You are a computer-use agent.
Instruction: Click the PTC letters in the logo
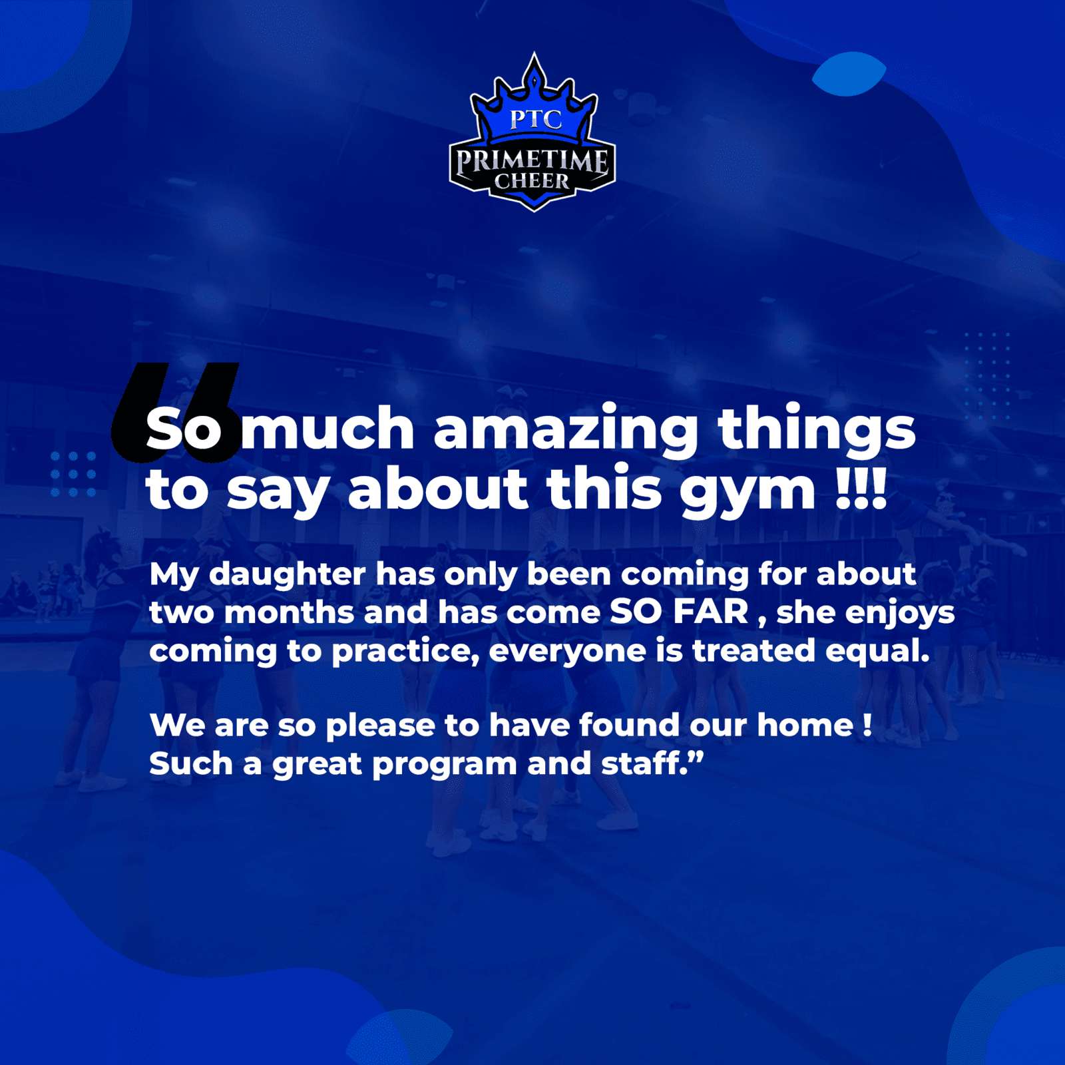(x=536, y=119)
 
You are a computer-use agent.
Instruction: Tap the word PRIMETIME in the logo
(x=532, y=160)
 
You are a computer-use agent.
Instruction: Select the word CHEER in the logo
(x=532, y=181)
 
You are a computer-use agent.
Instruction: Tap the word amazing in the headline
(x=566, y=431)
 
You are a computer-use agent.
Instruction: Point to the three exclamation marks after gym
(x=861, y=488)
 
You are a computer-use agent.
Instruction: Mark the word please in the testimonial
(x=380, y=727)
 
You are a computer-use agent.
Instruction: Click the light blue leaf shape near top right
(x=849, y=74)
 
